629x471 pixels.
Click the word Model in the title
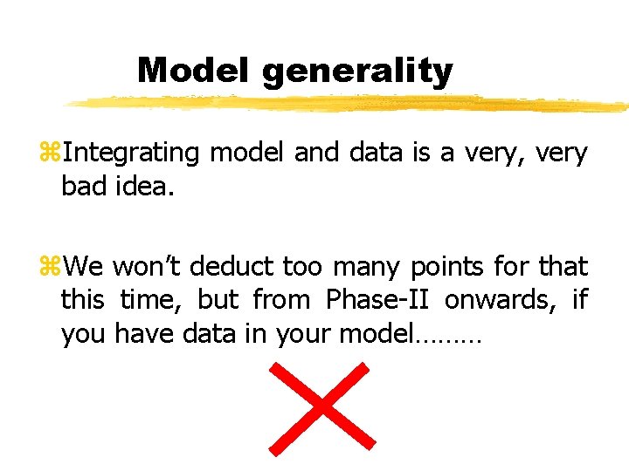click(195, 71)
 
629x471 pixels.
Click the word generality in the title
click(356, 72)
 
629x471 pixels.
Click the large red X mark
click(321, 409)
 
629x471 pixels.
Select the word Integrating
click(131, 154)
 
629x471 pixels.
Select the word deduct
click(228, 265)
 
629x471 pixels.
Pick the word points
click(460, 265)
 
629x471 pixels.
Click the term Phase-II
click(378, 299)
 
